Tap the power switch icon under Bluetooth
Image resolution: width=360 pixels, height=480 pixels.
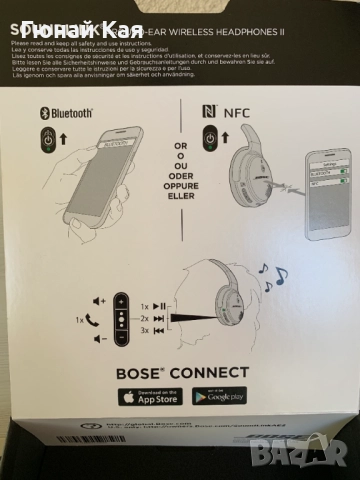click(x=49, y=138)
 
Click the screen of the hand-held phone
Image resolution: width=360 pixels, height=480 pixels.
click(x=99, y=158)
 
